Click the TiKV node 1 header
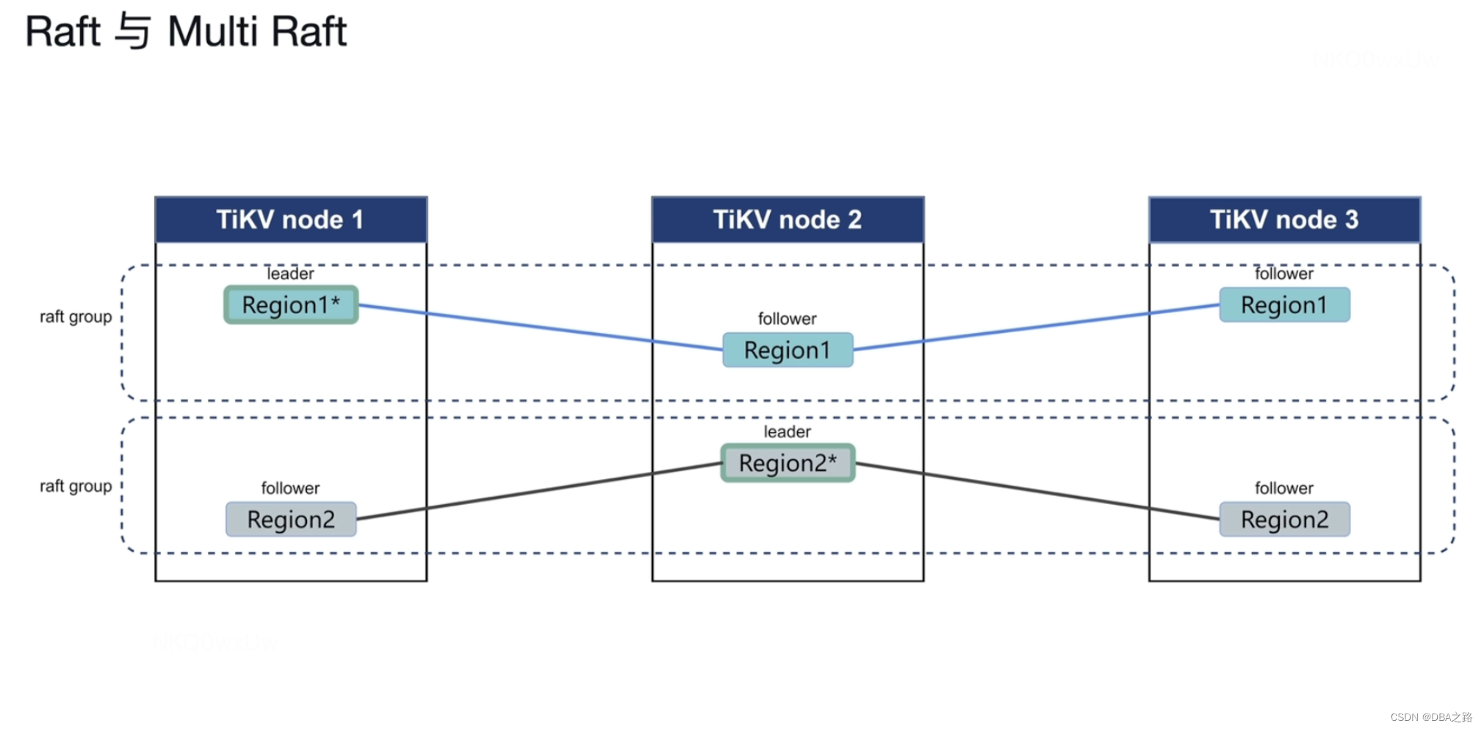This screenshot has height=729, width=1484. (290, 220)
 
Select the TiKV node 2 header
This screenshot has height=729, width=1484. (787, 220)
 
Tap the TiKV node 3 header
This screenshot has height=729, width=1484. (1283, 220)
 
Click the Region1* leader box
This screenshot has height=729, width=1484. (291, 305)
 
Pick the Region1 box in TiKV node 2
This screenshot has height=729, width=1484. (788, 351)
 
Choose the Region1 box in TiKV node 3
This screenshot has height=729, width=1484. (1284, 305)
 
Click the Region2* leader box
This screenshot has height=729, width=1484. (788, 463)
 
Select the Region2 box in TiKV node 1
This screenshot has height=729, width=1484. (291, 520)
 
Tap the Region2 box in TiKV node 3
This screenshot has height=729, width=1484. (1284, 520)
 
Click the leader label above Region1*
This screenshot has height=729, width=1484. (290, 274)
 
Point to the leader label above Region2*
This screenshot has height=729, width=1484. (787, 432)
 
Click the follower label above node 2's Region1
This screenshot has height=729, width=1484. (787, 319)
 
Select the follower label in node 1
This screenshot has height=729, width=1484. (290, 489)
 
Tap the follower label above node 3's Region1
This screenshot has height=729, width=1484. (1283, 274)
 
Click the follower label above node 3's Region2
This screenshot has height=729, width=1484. (1283, 489)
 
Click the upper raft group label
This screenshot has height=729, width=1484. (76, 317)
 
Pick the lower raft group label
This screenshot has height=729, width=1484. (76, 486)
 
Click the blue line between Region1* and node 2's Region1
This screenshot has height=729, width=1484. (540, 327)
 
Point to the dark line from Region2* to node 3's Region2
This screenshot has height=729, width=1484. (1036, 491)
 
